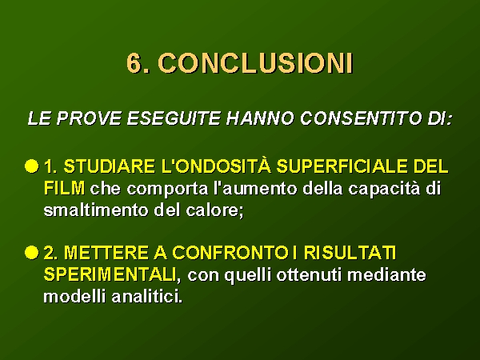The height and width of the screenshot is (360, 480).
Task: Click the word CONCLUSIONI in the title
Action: coord(256,63)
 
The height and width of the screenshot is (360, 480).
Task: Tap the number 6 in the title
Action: coord(134,63)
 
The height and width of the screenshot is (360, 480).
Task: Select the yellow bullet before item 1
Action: coord(32,166)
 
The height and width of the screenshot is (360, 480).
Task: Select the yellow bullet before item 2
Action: coord(32,253)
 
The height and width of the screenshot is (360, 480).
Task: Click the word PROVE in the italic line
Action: coord(89,118)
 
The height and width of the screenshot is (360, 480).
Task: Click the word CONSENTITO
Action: coord(361,118)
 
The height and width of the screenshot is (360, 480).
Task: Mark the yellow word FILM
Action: coord(64,188)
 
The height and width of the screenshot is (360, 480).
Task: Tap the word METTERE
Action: coord(106,253)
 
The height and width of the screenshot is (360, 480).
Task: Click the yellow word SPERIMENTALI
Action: coord(110,274)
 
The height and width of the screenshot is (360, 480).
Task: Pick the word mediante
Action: coord(386,274)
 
